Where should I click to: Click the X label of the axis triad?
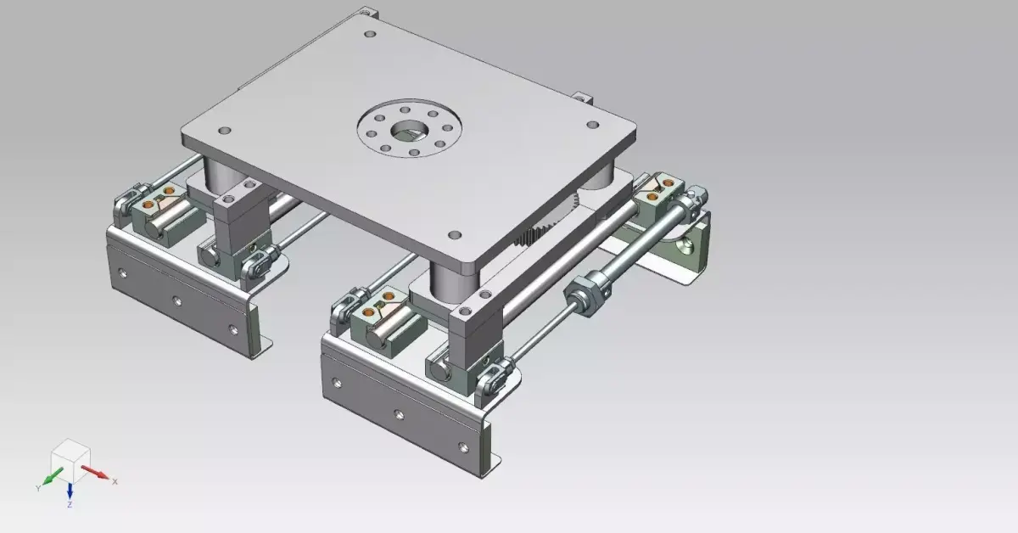pyautogui.click(x=115, y=481)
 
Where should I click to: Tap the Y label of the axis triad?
pyautogui.click(x=38, y=488)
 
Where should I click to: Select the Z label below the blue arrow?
pyautogui.click(x=70, y=505)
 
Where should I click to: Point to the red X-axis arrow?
pyautogui.click(x=96, y=472)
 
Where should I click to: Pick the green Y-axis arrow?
pyautogui.click(x=53, y=475)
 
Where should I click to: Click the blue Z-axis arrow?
pyautogui.click(x=70, y=491)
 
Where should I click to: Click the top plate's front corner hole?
pyautogui.click(x=455, y=233)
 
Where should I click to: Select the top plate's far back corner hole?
pyautogui.click(x=369, y=35)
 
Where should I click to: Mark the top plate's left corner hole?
pyautogui.click(x=225, y=131)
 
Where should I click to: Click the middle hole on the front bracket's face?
pyautogui.click(x=400, y=414)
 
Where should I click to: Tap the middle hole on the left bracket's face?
pyautogui.click(x=176, y=300)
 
